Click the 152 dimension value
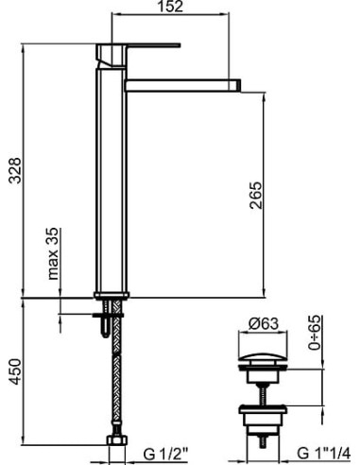pos(170,7)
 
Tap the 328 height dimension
pos(15,170)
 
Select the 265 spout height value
pos(255,196)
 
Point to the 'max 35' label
pos(53,253)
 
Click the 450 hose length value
pos(15,371)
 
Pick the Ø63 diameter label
pos(264,323)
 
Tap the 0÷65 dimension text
pos(315,333)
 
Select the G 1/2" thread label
pos(165,454)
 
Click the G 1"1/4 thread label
pos(323,454)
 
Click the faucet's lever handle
pos(153,45)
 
